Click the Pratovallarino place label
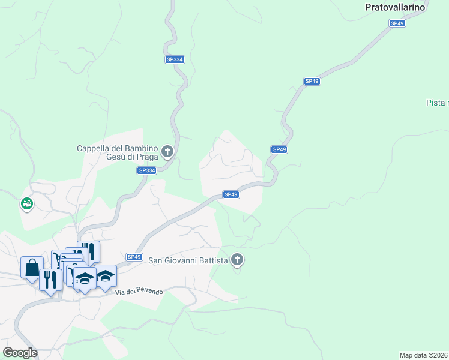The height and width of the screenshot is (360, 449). pyautogui.click(x=395, y=8)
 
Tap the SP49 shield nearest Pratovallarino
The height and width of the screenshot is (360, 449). pyautogui.click(x=397, y=23)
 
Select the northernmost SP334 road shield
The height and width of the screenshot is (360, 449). pyautogui.click(x=175, y=59)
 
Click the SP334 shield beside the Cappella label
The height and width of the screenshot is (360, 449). pyautogui.click(x=147, y=170)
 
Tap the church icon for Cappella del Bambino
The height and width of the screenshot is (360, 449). pyautogui.click(x=167, y=151)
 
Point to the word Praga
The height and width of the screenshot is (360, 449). pyautogui.click(x=147, y=157)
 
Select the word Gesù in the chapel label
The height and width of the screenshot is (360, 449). pyautogui.click(x=114, y=157)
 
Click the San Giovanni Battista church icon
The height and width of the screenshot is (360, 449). pyautogui.click(x=237, y=260)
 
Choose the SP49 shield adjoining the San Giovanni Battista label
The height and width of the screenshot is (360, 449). pyautogui.click(x=134, y=257)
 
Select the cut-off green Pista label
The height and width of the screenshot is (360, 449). pyautogui.click(x=437, y=103)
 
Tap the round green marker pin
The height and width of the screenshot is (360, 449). pyautogui.click(x=27, y=204)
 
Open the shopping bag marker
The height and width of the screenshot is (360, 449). pyautogui.click(x=32, y=268)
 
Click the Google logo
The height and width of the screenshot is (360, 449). pyautogui.click(x=20, y=352)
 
